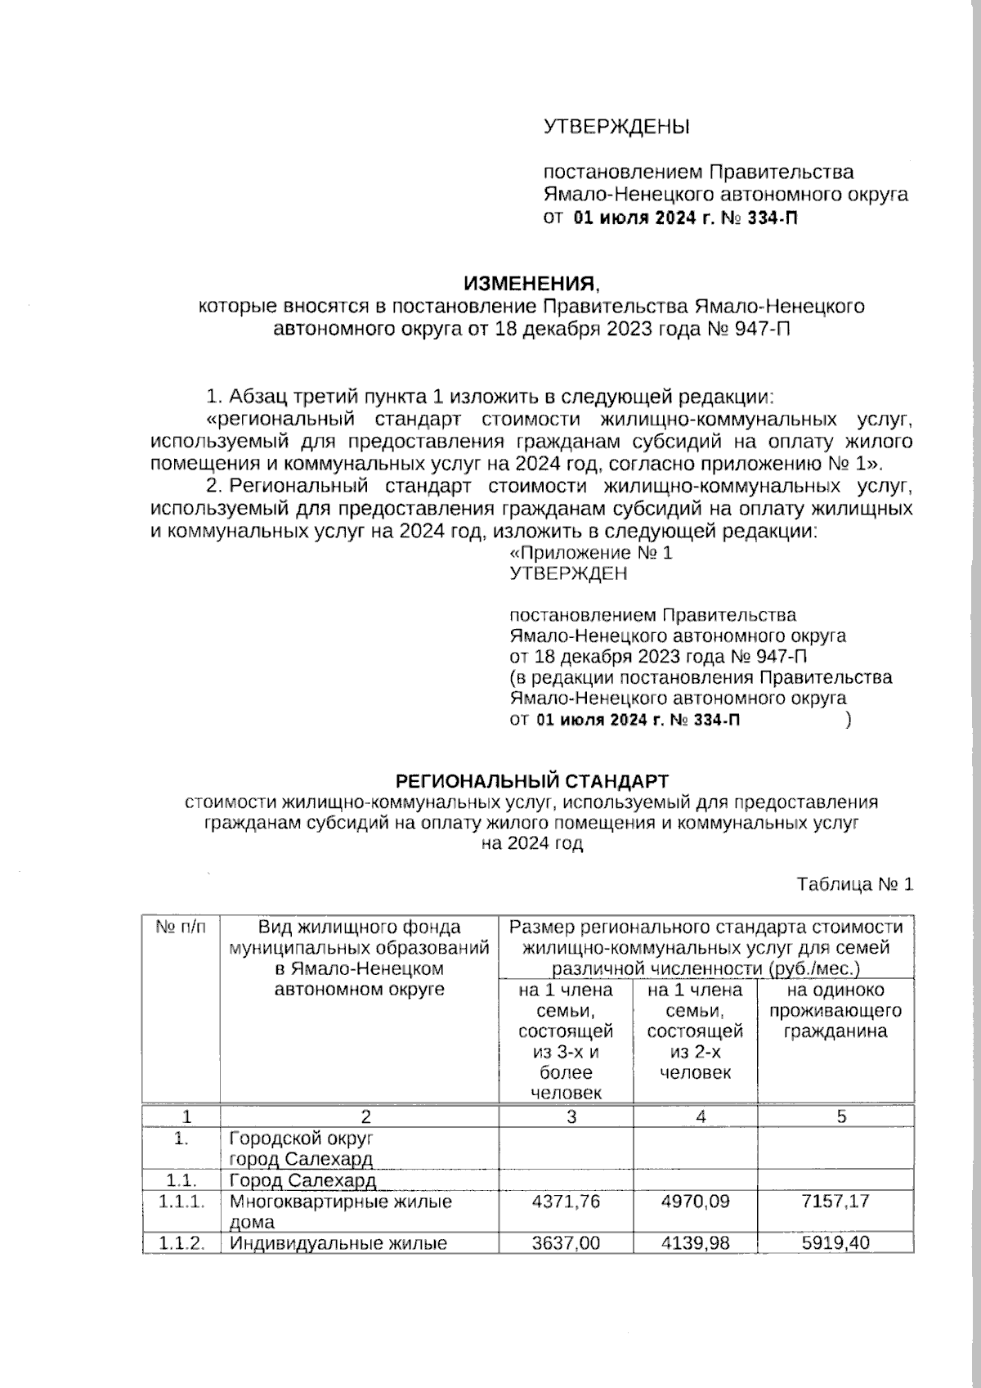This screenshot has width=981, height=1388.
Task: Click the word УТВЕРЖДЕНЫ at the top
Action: coord(616,127)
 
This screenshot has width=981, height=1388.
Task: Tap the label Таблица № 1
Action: coord(854,884)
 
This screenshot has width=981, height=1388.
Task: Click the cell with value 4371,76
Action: coord(565,1202)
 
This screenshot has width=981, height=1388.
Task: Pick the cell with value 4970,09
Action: coord(695,1202)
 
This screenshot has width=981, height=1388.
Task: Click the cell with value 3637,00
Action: coord(565,1243)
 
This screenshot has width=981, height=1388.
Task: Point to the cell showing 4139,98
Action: coord(695,1243)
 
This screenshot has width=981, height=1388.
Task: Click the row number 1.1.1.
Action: coord(181,1202)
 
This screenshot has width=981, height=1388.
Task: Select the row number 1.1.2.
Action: coord(181,1243)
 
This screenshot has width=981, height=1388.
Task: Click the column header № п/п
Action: coord(181,928)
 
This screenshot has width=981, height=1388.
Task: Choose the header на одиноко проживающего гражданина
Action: coord(835,1010)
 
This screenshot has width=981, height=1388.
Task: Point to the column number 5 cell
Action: coord(841,1116)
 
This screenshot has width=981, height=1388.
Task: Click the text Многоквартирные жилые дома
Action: coord(340,1211)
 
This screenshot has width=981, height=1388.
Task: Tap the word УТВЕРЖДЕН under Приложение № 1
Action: coord(568,573)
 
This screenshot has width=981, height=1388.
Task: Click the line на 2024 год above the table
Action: coord(531,844)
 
